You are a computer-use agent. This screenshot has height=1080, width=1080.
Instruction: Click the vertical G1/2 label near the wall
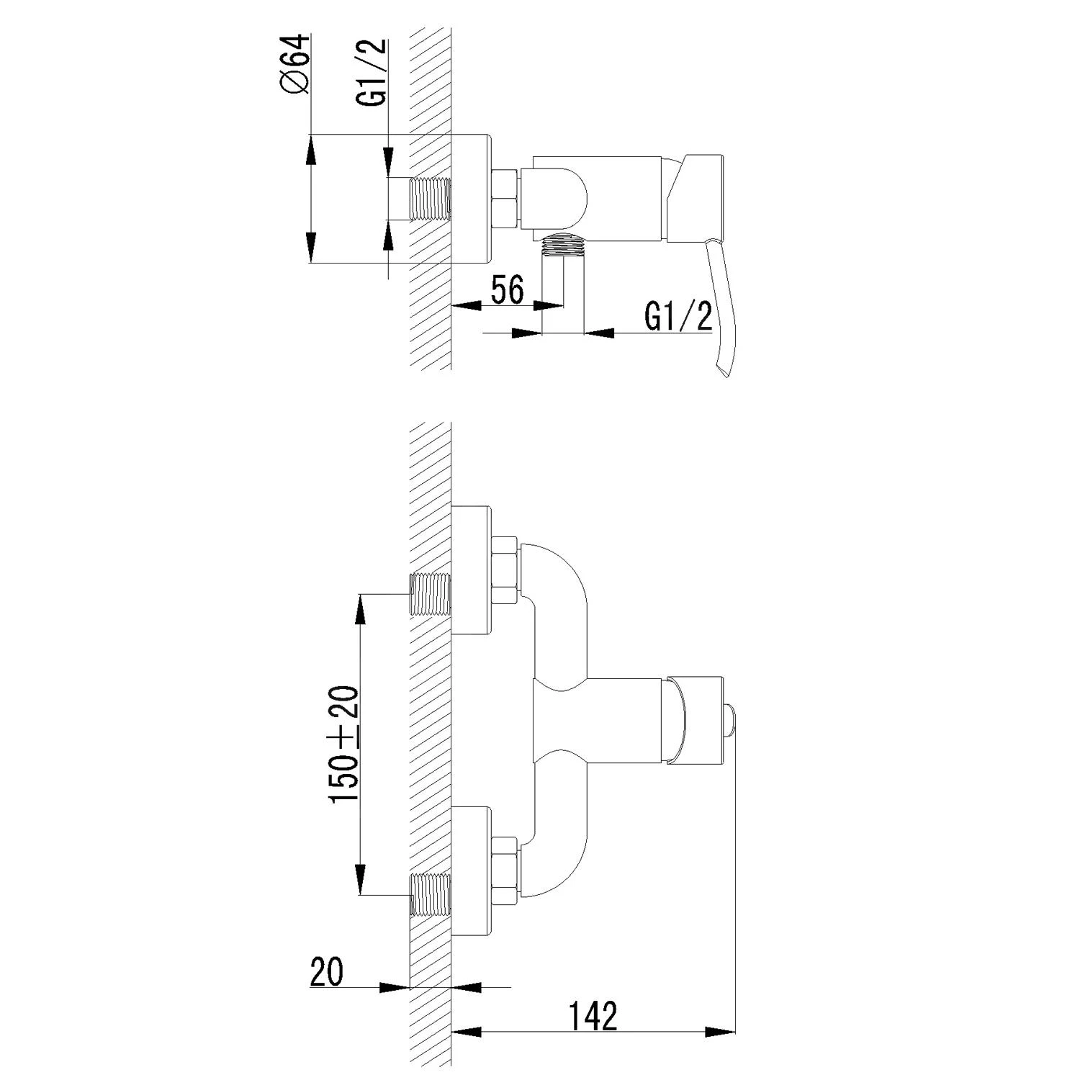coord(373,73)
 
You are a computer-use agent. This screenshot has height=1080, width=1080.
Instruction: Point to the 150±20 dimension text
coord(345,745)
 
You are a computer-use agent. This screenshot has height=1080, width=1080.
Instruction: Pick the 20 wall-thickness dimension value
coord(327,972)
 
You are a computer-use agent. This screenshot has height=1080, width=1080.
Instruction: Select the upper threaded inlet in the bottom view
coord(430,594)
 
